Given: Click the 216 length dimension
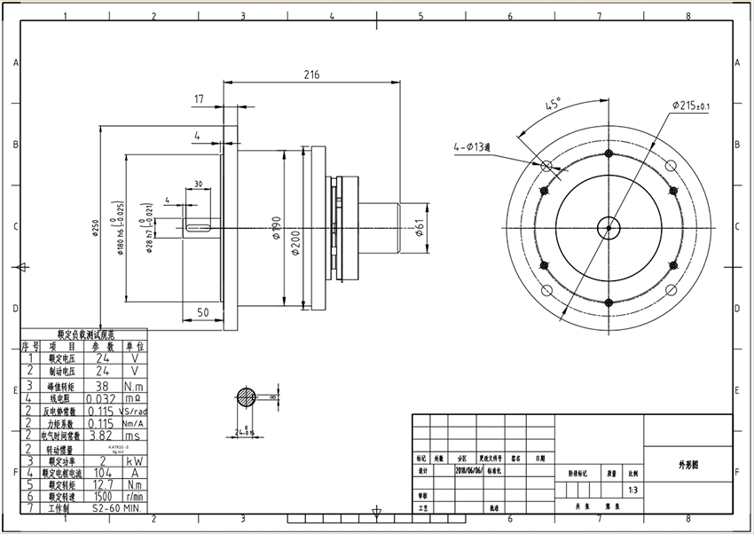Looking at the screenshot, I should [311, 75].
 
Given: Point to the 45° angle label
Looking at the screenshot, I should [553, 105].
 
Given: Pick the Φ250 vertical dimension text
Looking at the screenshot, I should [95, 229].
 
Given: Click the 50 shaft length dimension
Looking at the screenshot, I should [202, 312].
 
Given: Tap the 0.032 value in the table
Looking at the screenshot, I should [104, 398].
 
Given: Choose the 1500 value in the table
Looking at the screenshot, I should [104, 497].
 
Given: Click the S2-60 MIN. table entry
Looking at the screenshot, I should [116, 509].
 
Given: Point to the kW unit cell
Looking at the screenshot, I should [133, 461].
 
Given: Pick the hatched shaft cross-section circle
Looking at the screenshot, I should [247, 398].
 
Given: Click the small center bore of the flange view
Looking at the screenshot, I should [609, 227].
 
